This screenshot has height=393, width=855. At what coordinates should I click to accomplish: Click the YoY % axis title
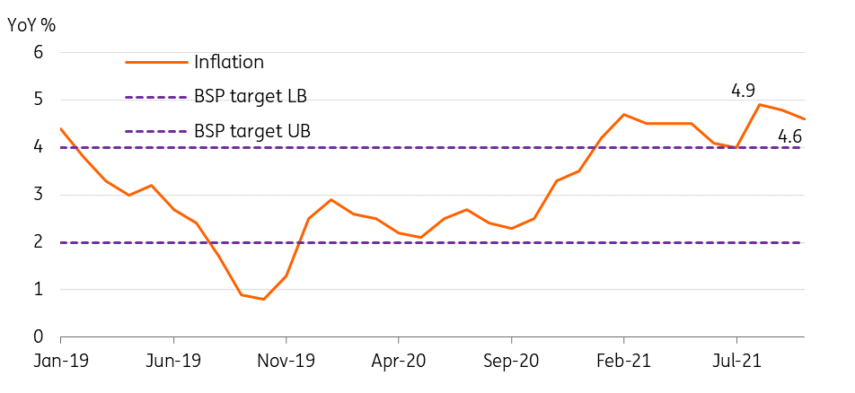tap(31, 25)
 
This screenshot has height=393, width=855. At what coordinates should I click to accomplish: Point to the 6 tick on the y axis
tap(38, 53)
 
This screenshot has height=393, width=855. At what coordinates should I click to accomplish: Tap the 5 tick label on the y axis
tap(38, 100)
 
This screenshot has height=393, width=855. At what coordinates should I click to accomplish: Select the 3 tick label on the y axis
tap(38, 195)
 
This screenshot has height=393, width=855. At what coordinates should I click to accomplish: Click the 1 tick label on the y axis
tap(39, 290)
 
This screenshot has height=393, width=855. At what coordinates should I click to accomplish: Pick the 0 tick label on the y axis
tap(38, 337)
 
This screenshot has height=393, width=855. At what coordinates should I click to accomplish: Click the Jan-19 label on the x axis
tap(60, 362)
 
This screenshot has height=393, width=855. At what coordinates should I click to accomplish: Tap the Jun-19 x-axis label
tap(173, 362)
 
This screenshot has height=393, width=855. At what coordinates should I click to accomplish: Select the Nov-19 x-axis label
tap(286, 362)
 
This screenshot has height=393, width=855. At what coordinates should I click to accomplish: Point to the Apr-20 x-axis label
tap(399, 362)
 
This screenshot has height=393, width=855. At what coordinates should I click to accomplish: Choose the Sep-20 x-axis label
tap(512, 362)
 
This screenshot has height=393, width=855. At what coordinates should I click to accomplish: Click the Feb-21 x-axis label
tap(624, 362)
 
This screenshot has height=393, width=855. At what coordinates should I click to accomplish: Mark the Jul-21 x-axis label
tap(736, 362)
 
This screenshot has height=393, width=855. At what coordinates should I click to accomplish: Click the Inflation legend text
tap(229, 62)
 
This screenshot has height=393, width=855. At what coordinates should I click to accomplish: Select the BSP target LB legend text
tap(251, 97)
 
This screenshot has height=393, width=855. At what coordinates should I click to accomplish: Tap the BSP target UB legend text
tap(252, 131)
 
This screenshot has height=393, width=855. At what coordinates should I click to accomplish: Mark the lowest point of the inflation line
tap(264, 300)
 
